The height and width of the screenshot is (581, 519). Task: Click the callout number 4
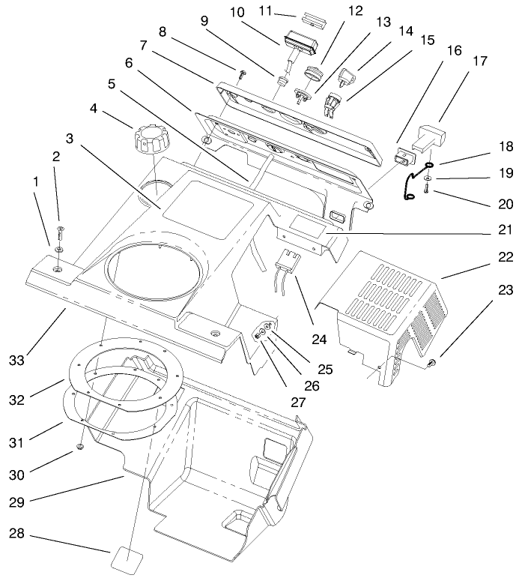94,108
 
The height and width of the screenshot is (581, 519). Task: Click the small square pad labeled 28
127,559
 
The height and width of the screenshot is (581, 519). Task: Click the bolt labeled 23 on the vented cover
433,363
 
